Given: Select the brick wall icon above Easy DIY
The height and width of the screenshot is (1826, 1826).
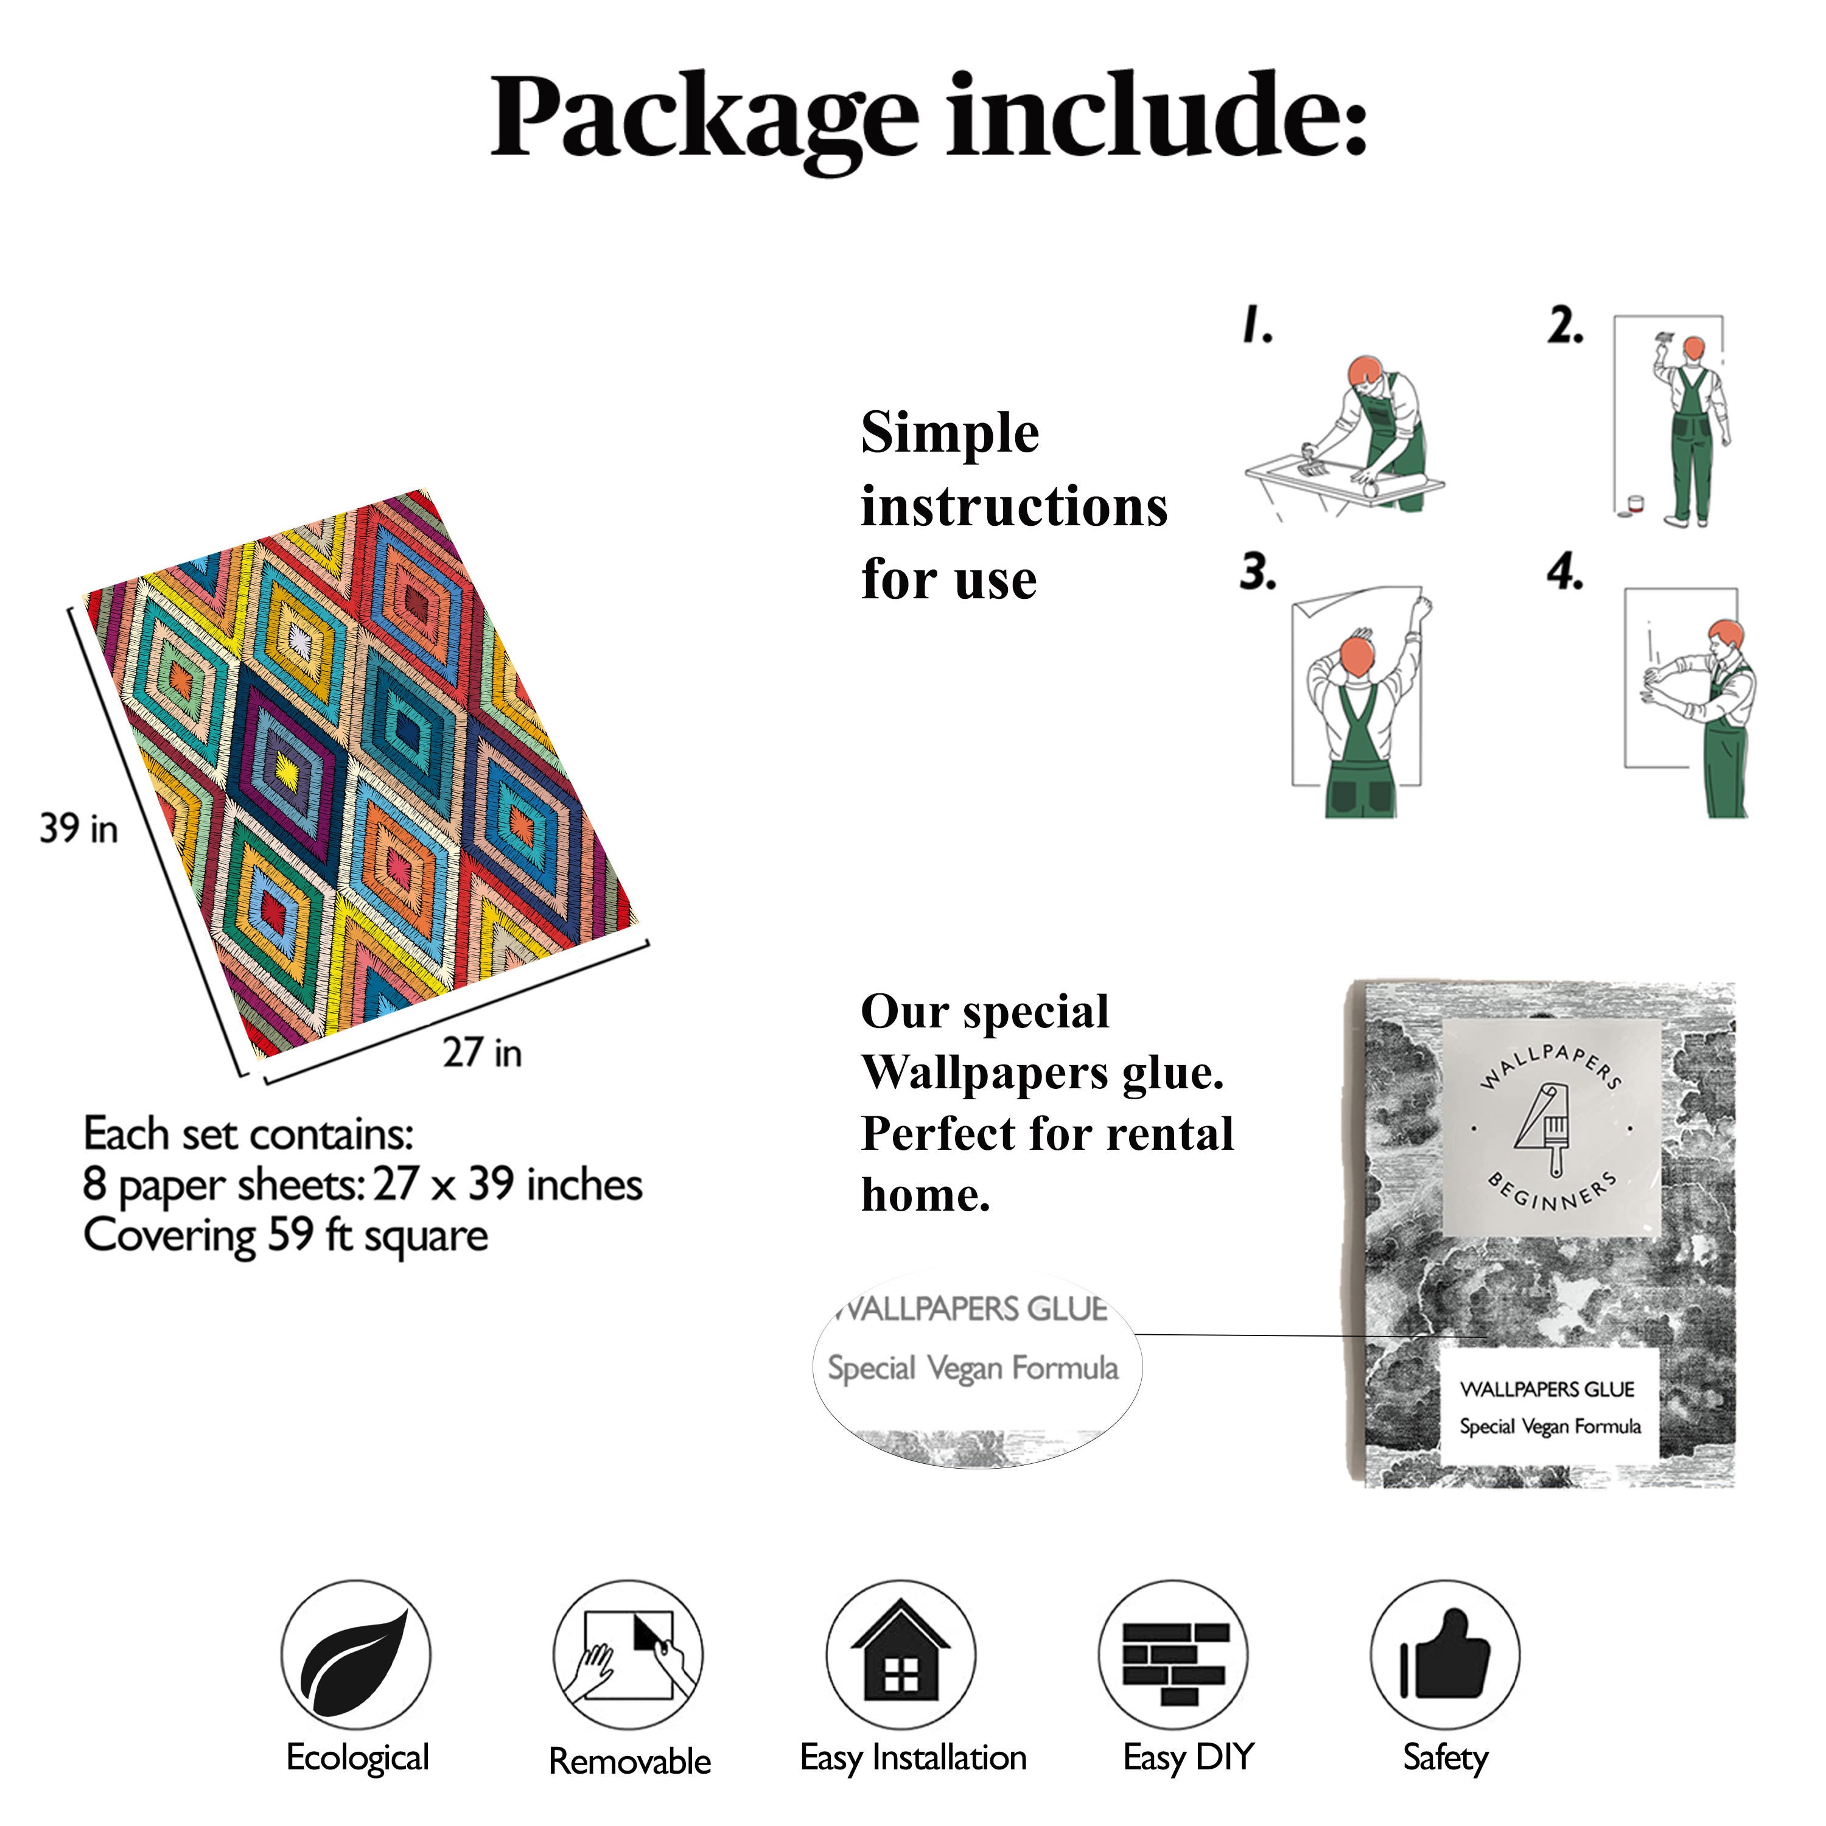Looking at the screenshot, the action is tap(1175, 1662).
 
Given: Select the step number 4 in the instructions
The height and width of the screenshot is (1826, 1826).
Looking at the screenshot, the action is tap(1565, 572).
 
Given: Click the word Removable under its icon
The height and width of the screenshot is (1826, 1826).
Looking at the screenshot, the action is tap(629, 1761).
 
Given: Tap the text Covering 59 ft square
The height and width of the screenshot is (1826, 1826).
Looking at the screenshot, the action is tap(285, 1236).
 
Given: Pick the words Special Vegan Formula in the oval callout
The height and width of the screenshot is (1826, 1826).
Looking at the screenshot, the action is tap(973, 1368).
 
